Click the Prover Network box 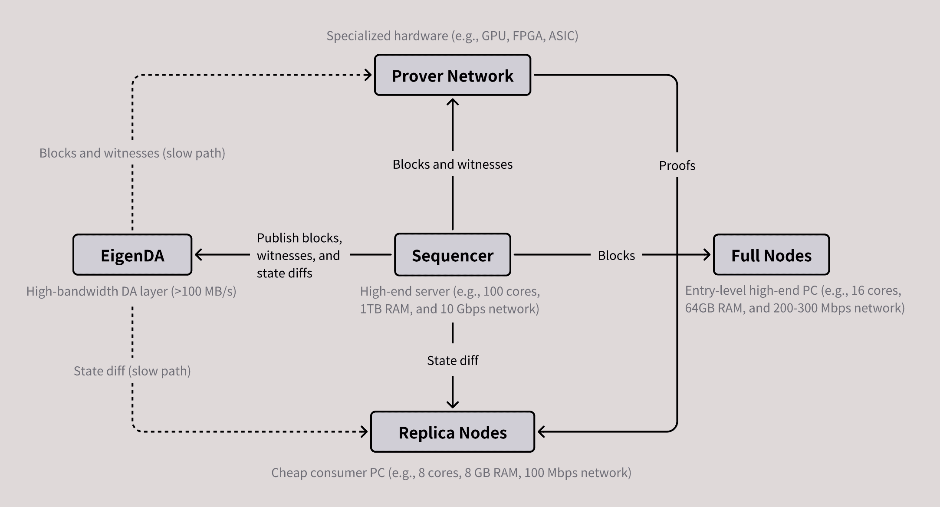click(452, 75)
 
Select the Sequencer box click(452, 255)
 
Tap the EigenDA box click(132, 255)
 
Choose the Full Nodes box click(771, 255)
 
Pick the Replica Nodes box click(452, 432)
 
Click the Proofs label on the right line click(677, 165)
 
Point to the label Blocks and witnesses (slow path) click(132, 153)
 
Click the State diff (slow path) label click(132, 371)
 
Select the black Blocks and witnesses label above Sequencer click(452, 164)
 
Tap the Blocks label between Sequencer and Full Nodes click(616, 255)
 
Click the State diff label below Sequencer click(452, 360)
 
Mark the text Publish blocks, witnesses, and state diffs click(299, 255)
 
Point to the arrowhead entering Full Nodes click(707, 255)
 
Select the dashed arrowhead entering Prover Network click(368, 75)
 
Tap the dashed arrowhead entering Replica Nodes click(365, 432)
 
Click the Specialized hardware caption click(452, 36)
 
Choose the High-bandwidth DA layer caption click(131, 291)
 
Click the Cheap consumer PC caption click(451, 472)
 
